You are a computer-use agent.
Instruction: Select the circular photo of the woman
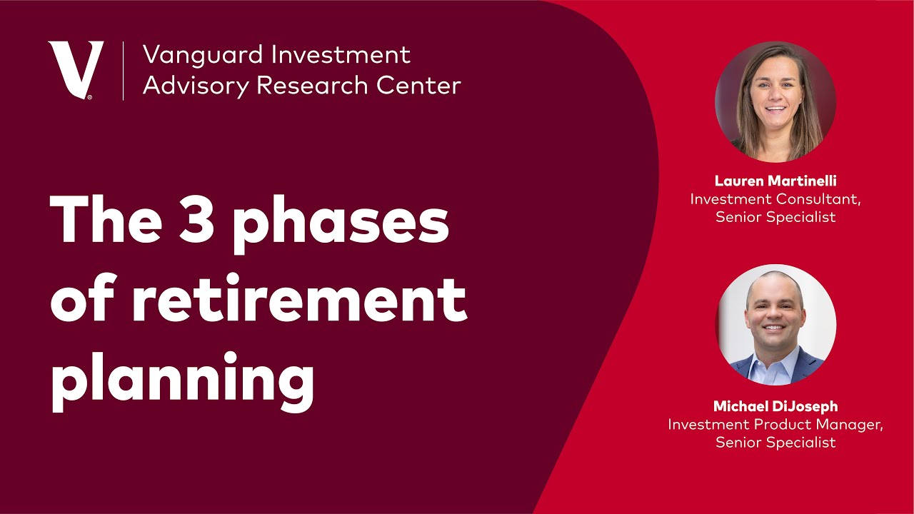point(775,101)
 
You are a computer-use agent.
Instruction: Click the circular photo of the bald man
point(776,325)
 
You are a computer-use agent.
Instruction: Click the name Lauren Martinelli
point(775,181)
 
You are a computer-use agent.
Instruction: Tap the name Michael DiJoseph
point(775,406)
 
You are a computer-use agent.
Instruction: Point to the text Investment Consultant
point(775,199)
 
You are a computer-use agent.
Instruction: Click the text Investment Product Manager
point(775,424)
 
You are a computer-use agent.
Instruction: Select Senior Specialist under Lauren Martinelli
point(775,217)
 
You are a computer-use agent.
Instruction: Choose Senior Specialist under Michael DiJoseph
point(775,442)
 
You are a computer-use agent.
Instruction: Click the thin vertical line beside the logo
point(124,70)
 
